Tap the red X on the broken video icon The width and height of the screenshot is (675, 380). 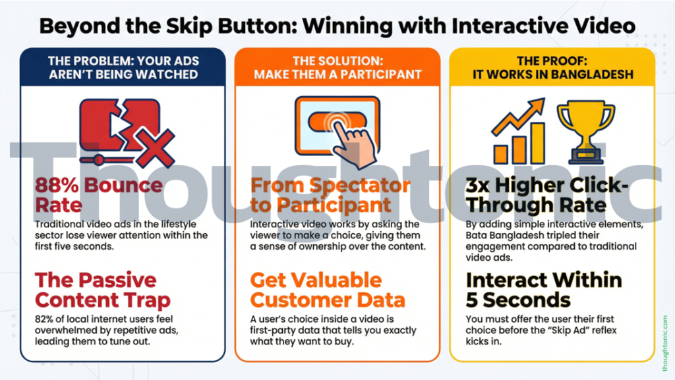(x=156, y=148)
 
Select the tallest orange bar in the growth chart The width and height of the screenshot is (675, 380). (x=537, y=143)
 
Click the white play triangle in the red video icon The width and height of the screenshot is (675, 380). (x=119, y=125)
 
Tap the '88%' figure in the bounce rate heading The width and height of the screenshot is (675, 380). (x=57, y=185)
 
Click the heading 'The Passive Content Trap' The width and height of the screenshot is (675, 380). (x=102, y=290)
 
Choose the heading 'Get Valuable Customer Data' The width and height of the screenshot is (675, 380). (x=328, y=290)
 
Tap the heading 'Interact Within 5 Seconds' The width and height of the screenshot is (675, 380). (x=544, y=290)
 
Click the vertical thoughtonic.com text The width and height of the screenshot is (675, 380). (x=665, y=343)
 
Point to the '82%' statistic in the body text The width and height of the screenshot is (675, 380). (x=45, y=319)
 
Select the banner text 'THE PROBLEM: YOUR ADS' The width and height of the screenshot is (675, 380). (x=123, y=61)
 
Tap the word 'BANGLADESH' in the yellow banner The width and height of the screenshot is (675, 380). (x=592, y=74)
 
